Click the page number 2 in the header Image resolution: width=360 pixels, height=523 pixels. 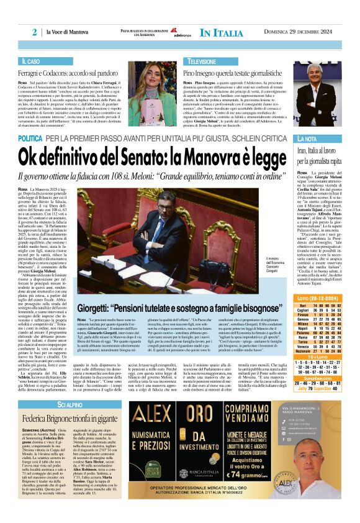point(35,32)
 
